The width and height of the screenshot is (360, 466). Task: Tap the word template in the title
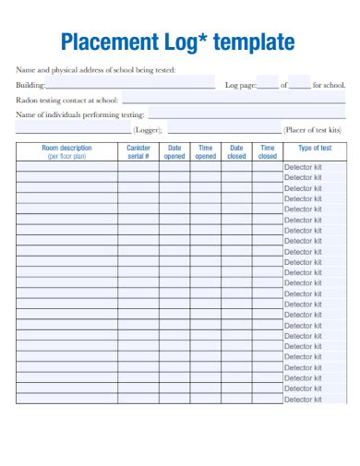(254, 42)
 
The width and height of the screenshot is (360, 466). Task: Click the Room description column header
(66, 152)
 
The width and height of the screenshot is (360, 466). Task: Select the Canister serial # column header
(138, 152)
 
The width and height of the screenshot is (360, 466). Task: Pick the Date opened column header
(174, 152)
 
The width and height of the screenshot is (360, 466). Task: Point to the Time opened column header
(206, 152)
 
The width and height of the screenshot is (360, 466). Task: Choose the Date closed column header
(236, 152)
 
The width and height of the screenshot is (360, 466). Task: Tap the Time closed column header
(268, 152)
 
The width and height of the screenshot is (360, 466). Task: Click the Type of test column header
(314, 148)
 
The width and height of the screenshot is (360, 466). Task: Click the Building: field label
(30, 85)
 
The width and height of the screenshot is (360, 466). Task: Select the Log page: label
(240, 85)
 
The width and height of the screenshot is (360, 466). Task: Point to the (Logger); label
(147, 130)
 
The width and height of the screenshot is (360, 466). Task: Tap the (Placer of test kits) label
(314, 130)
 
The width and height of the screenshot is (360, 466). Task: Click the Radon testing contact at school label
(66, 100)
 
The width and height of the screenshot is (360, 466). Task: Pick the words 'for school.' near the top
(329, 85)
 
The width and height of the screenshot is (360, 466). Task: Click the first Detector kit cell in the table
(303, 167)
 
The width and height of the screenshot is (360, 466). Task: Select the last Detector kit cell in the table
(303, 400)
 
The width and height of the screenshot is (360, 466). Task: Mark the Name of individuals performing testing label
(79, 114)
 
